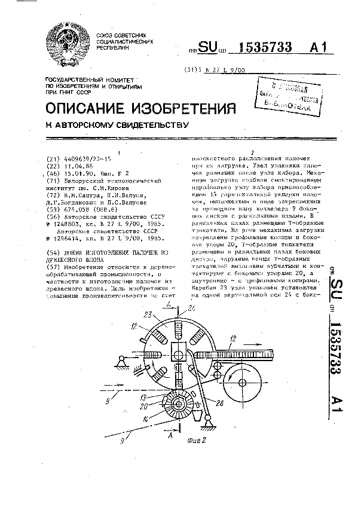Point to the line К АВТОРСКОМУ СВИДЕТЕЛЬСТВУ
[117, 126]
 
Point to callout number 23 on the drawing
[147, 313]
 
